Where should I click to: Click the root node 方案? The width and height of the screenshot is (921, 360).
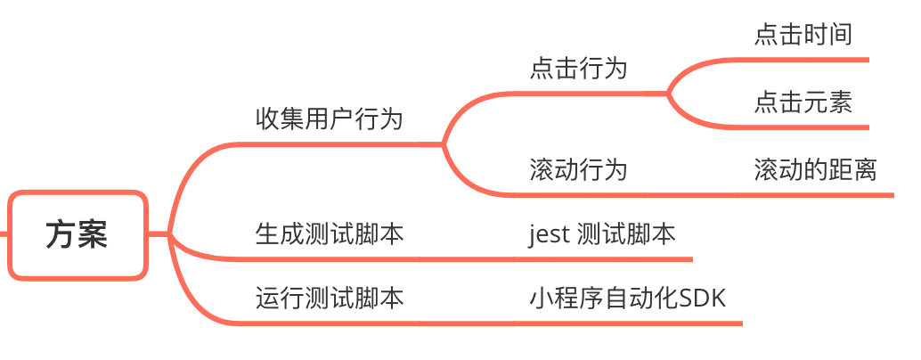(77, 235)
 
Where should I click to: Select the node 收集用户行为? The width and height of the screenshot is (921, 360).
(330, 119)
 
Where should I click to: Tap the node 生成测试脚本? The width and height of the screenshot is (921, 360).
(330, 234)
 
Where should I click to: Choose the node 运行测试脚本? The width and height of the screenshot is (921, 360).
(330, 298)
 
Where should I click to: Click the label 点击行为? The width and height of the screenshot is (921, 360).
(578, 69)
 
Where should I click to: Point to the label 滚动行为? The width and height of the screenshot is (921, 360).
(578, 169)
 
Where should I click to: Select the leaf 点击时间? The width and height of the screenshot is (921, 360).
(803, 35)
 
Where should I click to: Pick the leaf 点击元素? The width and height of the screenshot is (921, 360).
(803, 103)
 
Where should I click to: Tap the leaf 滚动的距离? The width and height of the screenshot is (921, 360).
(815, 169)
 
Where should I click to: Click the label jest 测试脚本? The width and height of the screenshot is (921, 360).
(602, 234)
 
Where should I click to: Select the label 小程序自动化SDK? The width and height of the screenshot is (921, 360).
(627, 298)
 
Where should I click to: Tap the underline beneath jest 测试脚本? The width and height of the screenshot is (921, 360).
(606, 259)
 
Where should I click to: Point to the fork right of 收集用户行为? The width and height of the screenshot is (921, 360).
(444, 143)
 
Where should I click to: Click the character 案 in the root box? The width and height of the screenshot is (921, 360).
(93, 235)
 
